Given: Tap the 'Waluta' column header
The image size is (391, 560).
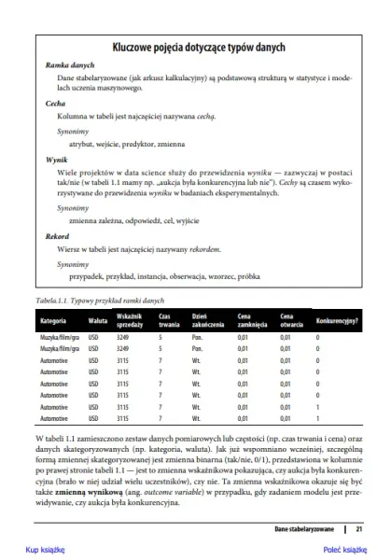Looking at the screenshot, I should [98, 322].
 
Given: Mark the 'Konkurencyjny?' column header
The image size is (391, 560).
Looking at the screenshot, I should [338, 322].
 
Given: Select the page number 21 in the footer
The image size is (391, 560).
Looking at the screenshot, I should [358, 529].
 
